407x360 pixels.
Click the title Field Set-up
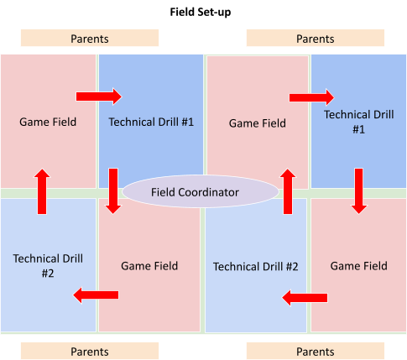click(201, 13)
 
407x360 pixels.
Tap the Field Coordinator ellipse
click(201, 191)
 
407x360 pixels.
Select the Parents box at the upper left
click(90, 38)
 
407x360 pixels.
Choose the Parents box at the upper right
click(316, 38)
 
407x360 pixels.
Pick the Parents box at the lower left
click(90, 351)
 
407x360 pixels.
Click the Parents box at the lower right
click(316, 351)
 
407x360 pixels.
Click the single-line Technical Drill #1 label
click(151, 122)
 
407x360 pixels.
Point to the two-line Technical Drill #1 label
click(359, 122)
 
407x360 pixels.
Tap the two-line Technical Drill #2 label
click(48, 266)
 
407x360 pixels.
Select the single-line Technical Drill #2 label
click(256, 267)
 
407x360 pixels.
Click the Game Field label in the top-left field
click(48, 122)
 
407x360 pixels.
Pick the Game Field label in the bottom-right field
click(359, 266)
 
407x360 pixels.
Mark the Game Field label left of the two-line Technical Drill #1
click(258, 123)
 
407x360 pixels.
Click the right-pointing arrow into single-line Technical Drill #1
click(99, 97)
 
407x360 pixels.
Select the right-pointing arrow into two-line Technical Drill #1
click(311, 97)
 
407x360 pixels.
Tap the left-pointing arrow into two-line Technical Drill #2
click(96, 295)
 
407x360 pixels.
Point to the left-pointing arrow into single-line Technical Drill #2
click(305, 298)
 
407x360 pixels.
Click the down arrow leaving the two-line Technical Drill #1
click(359, 191)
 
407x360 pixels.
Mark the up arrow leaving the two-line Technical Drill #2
click(42, 191)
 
